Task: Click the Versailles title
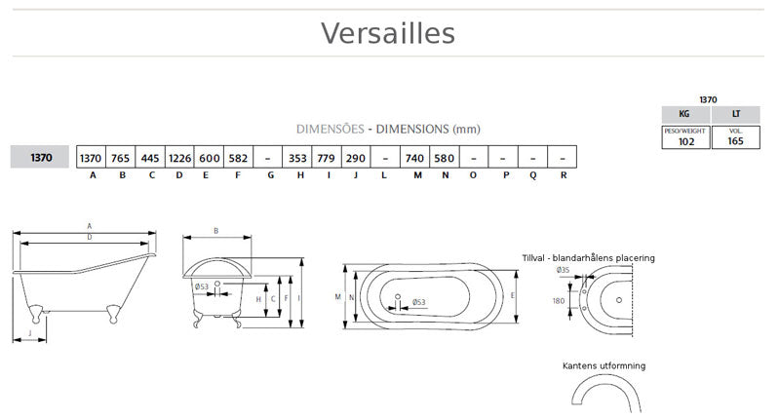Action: click(x=388, y=33)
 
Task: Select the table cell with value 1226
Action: click(x=179, y=157)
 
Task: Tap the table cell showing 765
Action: click(x=120, y=157)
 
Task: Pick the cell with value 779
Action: click(x=328, y=157)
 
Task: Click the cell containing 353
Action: click(x=297, y=157)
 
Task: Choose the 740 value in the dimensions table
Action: click(x=414, y=157)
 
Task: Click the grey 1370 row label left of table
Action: click(x=41, y=157)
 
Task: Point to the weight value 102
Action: click(x=686, y=141)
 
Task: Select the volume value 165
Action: click(x=735, y=141)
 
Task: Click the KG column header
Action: click(x=686, y=114)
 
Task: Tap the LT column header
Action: click(x=735, y=114)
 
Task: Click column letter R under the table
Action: click(x=563, y=175)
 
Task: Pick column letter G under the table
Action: click(x=269, y=175)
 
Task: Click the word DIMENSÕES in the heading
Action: click(x=331, y=129)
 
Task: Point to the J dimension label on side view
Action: click(x=30, y=333)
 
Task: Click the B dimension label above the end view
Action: click(x=215, y=231)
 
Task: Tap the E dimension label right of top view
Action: click(x=513, y=294)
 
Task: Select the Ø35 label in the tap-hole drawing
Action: click(x=563, y=270)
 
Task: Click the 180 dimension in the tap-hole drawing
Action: click(x=559, y=301)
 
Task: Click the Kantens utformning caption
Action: click(x=604, y=365)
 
